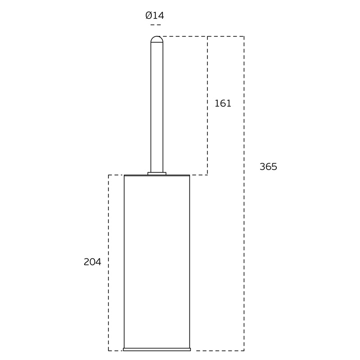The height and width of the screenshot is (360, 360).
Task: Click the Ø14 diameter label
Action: (x=155, y=16)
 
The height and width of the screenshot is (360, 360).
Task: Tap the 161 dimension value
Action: (x=223, y=103)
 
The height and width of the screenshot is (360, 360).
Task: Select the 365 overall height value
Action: (x=268, y=166)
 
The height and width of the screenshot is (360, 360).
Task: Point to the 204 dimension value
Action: (x=92, y=262)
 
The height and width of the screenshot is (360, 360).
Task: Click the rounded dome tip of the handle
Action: (x=157, y=40)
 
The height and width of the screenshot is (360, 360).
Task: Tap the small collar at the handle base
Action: (x=157, y=174)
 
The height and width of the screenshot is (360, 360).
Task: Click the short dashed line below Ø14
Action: (x=156, y=25)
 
